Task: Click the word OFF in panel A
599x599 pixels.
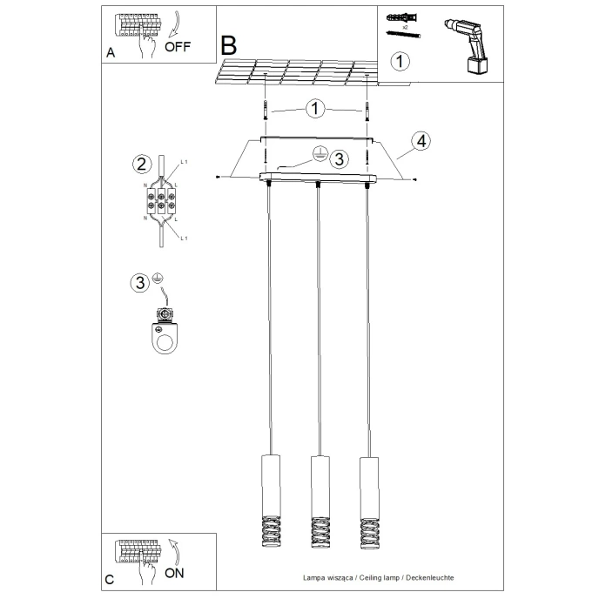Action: [177, 47]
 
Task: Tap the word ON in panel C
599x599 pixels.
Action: [175, 574]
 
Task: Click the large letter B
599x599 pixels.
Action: [229, 44]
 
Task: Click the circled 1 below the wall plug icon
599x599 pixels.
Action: [399, 61]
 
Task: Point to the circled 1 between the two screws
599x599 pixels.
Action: [314, 109]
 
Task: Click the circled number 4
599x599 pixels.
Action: [420, 142]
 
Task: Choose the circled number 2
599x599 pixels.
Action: [139, 163]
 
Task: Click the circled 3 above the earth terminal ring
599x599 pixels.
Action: [139, 282]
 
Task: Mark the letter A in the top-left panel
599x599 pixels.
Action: [111, 53]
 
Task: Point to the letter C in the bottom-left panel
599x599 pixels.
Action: [110, 579]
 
